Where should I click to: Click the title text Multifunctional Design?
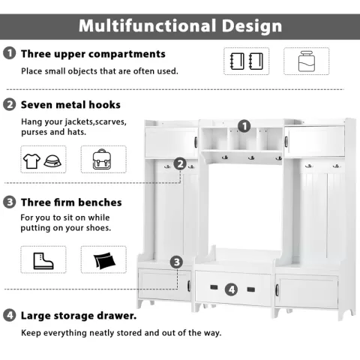point(180,25)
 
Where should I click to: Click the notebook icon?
point(247,61)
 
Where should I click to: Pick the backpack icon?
point(103,160)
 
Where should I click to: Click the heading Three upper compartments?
point(93,54)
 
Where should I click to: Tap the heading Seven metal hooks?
point(70,105)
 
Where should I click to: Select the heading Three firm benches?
point(71,202)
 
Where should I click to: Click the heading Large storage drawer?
point(79,316)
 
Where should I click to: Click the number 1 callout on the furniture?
point(244,126)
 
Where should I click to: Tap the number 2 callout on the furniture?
point(180,163)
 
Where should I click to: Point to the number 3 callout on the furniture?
point(176,262)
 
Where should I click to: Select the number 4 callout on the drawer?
point(231,289)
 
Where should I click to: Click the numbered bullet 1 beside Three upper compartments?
point(10,54)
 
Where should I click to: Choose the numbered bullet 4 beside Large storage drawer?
point(10,316)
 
